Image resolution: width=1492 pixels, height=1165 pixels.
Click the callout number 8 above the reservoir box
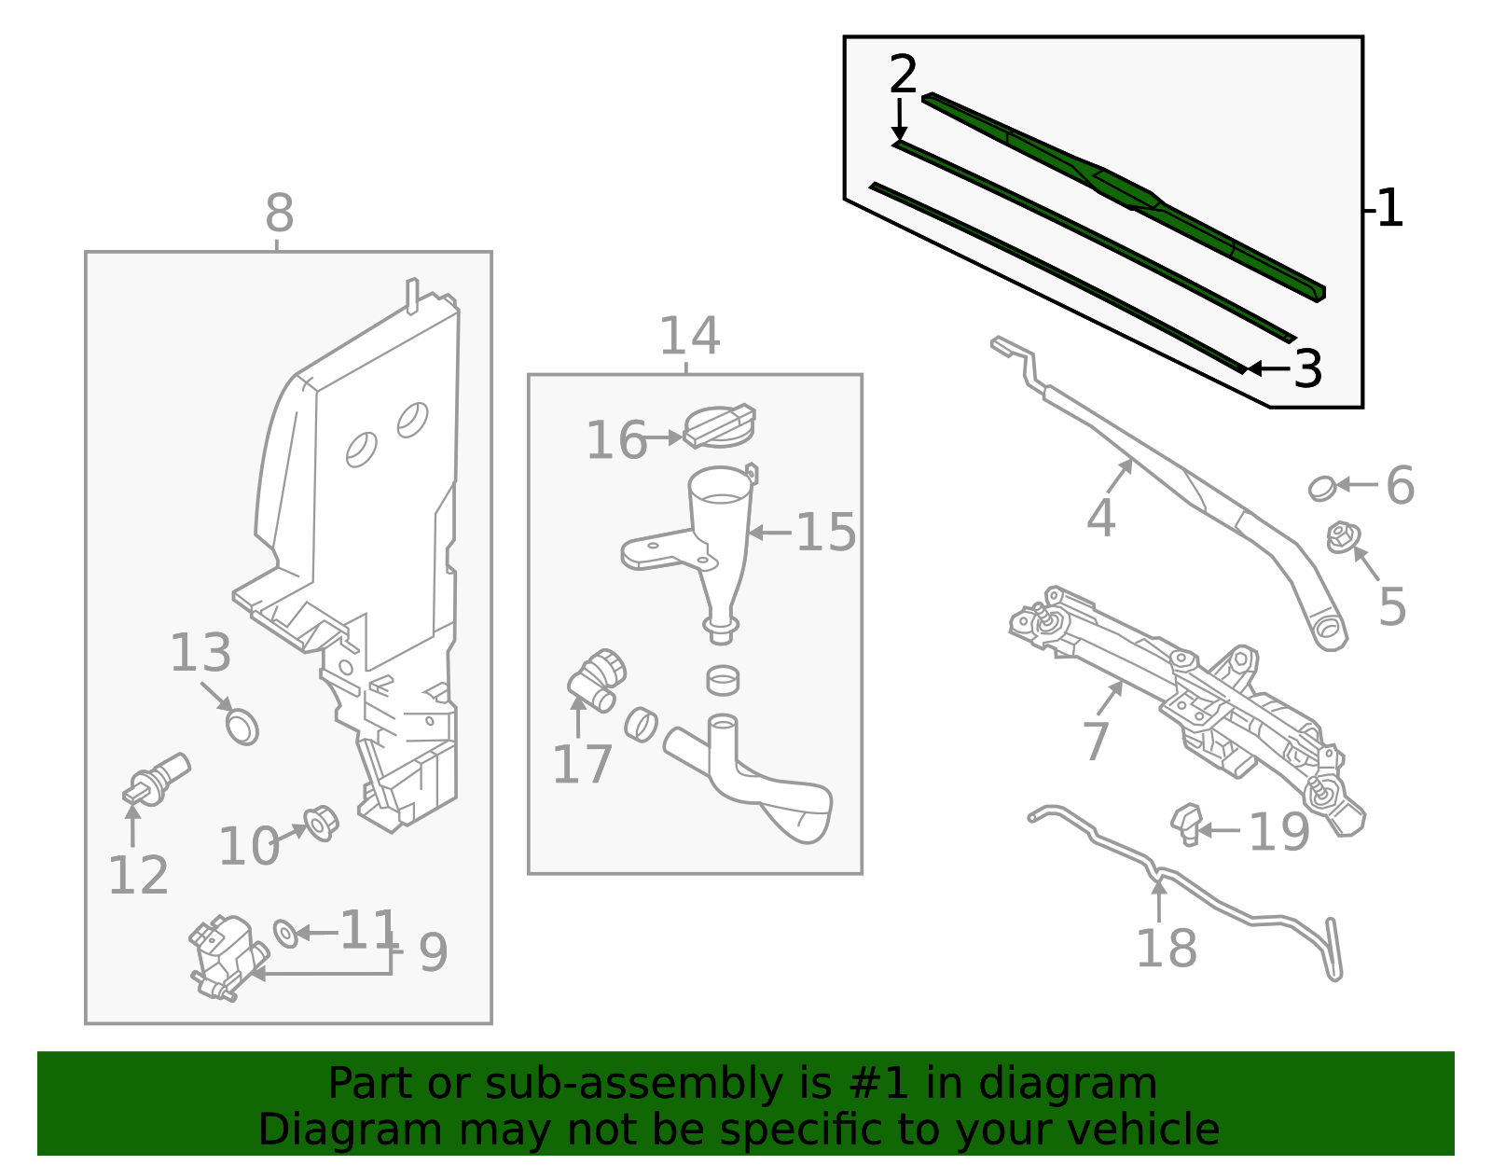[x=279, y=214]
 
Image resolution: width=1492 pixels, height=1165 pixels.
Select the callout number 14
[x=689, y=336]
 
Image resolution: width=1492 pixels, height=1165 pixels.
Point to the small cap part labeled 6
[x=1321, y=488]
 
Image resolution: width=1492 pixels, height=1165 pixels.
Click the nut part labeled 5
[x=1342, y=537]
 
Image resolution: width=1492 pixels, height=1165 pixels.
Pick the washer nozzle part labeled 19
[x=1186, y=824]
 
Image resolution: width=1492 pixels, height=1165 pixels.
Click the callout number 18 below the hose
[x=1166, y=948]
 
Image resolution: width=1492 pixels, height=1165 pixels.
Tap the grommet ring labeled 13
[x=242, y=726]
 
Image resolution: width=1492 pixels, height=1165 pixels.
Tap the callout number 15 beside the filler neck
[x=825, y=532]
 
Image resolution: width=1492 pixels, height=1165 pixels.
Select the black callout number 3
[x=1308, y=368]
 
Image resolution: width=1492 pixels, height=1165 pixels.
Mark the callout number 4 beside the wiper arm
[x=1100, y=517]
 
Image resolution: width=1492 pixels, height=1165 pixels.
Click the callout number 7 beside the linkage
[x=1096, y=742]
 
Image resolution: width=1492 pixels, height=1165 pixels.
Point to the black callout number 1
[x=1389, y=208]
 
